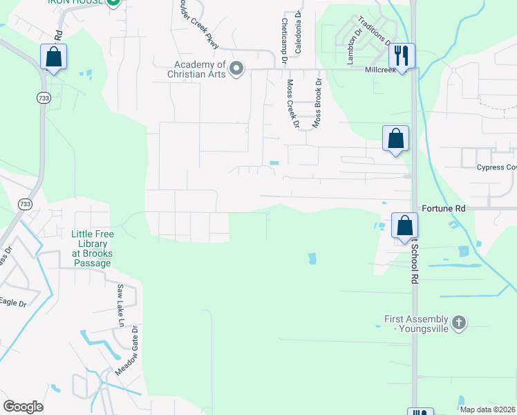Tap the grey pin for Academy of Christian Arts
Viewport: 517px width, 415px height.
(x=236, y=68)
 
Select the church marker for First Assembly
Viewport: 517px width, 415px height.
(x=458, y=322)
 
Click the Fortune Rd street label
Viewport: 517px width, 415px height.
(x=443, y=207)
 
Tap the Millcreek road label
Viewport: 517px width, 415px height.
(x=381, y=70)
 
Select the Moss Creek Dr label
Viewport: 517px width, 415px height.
(x=292, y=104)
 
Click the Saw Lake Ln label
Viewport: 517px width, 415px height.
(x=120, y=305)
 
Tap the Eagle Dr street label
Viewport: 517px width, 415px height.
(x=12, y=302)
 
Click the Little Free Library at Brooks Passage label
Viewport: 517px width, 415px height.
(x=92, y=249)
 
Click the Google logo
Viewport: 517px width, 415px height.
(x=23, y=406)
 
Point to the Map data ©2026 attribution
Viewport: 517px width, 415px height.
(x=487, y=409)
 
